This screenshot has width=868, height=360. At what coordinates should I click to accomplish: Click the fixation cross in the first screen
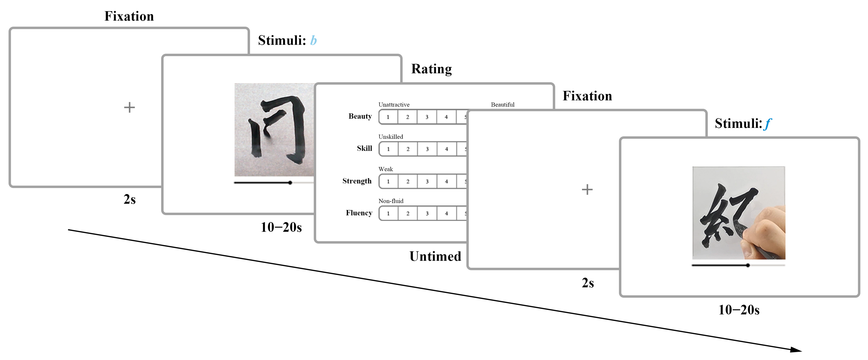(x=129, y=108)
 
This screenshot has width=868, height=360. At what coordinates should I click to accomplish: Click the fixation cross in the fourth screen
(x=587, y=189)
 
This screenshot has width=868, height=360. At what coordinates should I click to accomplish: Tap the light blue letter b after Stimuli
(x=313, y=40)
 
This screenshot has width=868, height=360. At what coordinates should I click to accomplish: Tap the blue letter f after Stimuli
(x=767, y=123)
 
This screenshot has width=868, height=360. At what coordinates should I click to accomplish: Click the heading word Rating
(x=431, y=69)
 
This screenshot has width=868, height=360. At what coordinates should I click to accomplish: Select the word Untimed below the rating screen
(x=435, y=256)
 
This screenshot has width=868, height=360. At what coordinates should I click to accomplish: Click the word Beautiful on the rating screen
(x=502, y=105)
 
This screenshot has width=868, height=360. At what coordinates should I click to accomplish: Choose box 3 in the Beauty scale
(x=427, y=117)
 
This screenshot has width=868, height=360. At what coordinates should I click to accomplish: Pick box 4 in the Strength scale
(x=446, y=181)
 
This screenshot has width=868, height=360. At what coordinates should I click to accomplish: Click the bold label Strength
(x=357, y=181)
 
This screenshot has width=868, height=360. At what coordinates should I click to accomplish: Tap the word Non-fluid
(x=391, y=201)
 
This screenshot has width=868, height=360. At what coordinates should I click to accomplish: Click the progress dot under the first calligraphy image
(x=290, y=183)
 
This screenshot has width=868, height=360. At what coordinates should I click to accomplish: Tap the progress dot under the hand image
(x=748, y=265)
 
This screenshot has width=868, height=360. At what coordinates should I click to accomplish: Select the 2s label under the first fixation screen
(x=129, y=199)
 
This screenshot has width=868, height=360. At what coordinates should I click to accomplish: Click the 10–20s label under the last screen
(x=739, y=310)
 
